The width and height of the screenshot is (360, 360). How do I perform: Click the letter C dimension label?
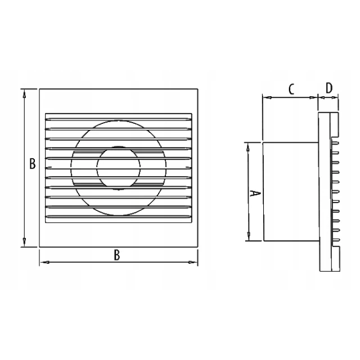tap(291, 89)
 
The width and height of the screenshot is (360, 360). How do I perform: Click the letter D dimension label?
tap(329, 88)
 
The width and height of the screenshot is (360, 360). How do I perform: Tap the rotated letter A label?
tap(255, 193)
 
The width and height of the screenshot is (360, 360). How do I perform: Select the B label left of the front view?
tap(33, 164)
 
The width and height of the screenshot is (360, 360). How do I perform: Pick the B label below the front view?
tap(117, 255)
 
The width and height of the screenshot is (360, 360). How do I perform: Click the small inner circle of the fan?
tap(119, 168)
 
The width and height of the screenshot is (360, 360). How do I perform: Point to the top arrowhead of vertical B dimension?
tap(24, 93)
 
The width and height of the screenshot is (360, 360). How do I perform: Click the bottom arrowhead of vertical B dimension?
tap(24, 242)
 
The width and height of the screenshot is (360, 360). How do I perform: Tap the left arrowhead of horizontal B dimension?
tap(45, 262)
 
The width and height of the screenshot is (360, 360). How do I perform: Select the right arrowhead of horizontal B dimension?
tap(192, 262)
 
